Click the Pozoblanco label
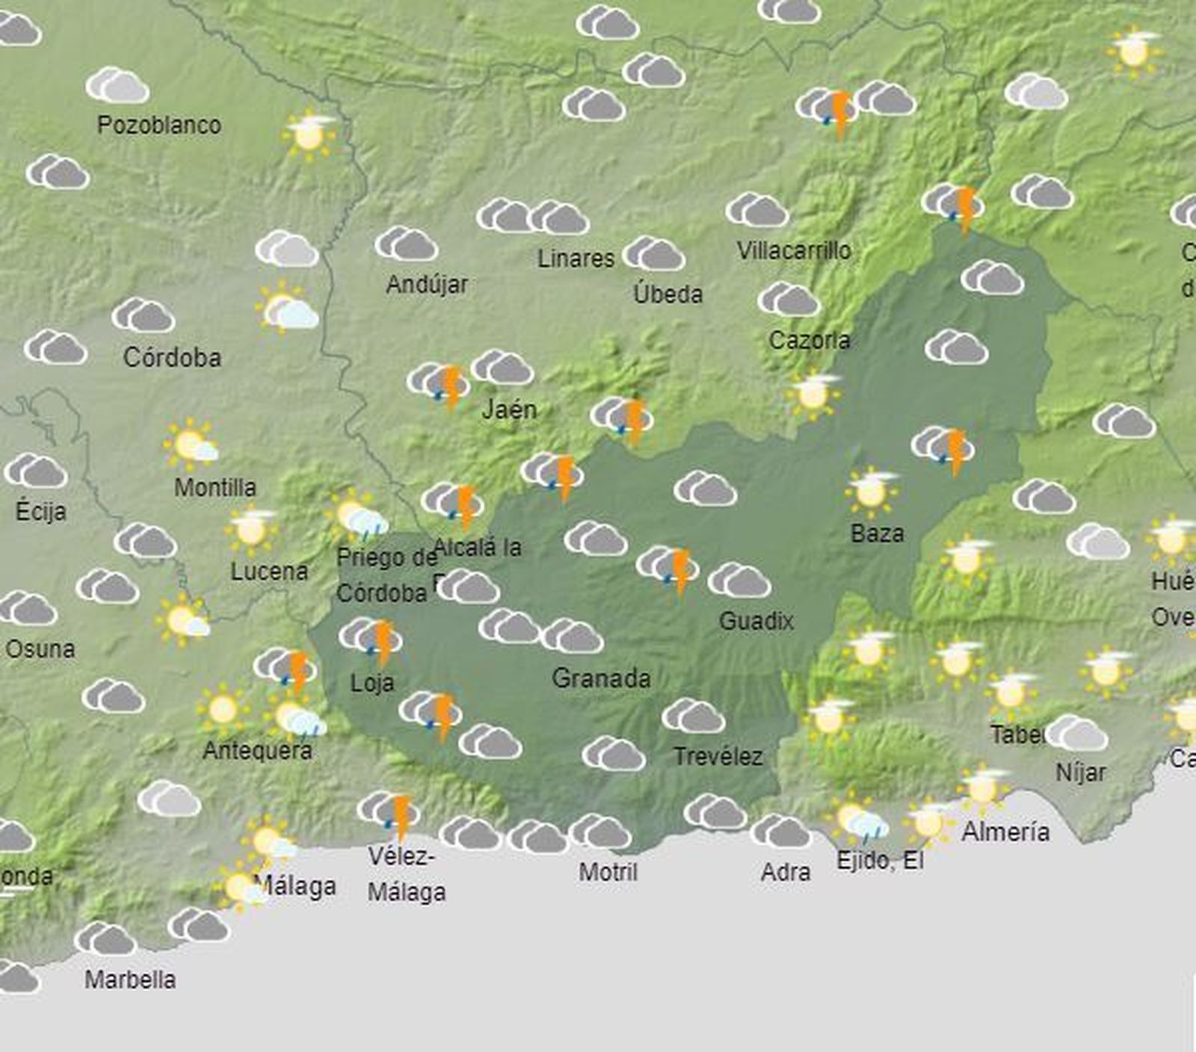pos(159,125)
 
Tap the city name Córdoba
pos(172,357)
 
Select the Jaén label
pos(509,409)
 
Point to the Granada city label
pos(601,678)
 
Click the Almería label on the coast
pos(1005,832)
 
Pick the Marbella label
pos(130,980)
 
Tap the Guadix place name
pos(756,620)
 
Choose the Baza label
pos(878,533)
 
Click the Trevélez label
pos(718,757)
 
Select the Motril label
pos(608,872)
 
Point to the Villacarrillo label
pos(794,251)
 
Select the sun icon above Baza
pos(872,491)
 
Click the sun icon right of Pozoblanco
pos(309,135)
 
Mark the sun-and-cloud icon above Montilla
pos(191,445)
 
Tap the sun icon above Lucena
pos(251,529)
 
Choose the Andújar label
pos(427,284)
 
